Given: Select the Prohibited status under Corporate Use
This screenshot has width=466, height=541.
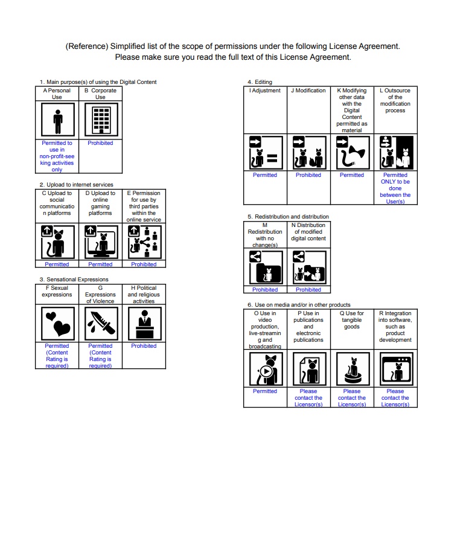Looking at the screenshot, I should (x=100, y=143).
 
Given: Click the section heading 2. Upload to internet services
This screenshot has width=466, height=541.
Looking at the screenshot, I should (x=76, y=185).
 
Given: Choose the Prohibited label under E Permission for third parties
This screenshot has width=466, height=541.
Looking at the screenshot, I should (x=144, y=264).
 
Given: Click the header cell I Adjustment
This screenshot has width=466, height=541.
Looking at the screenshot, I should (x=265, y=91).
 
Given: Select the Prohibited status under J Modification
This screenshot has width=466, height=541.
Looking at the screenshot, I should (x=308, y=175).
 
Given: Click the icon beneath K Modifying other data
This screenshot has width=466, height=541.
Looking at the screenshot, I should (x=352, y=152).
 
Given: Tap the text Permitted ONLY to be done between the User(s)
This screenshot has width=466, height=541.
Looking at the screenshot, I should (x=395, y=188).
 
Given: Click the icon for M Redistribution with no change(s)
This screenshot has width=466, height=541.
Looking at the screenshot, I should (x=265, y=266).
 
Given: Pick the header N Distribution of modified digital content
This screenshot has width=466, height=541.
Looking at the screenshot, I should (x=308, y=232).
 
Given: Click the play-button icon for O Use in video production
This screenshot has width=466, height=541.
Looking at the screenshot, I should (x=265, y=369).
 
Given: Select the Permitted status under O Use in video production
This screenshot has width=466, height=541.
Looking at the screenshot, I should (x=265, y=391).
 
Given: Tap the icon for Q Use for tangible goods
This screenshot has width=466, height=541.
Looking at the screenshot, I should (x=352, y=369).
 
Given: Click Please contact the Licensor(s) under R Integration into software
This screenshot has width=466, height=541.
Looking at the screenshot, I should (x=395, y=398).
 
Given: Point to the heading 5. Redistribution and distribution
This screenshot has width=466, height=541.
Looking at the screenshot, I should (x=288, y=216).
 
